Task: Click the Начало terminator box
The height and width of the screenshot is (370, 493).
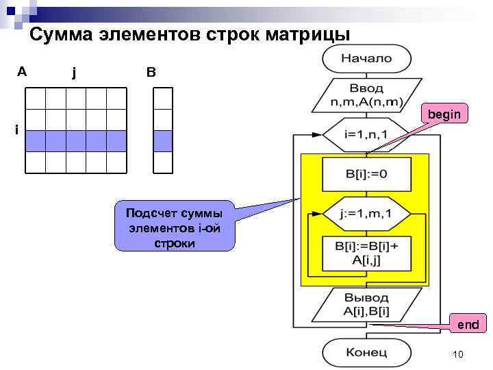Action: coord(366,58)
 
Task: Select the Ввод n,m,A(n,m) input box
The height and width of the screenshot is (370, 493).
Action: coord(366,95)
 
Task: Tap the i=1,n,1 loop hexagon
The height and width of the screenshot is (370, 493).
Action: coord(366,134)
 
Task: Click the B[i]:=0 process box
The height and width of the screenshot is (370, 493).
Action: coord(366,174)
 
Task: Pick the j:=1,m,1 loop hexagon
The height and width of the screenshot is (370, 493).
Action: coord(366,214)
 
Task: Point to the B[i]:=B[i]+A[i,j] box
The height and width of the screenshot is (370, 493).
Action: coord(366,251)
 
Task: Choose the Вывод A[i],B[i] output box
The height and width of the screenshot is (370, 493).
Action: coord(366,305)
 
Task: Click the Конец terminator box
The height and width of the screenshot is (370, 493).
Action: coord(366,352)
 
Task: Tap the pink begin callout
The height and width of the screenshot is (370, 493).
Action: coord(444,114)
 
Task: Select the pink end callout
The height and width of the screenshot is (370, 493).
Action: coord(468,324)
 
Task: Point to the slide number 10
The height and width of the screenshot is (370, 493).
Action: coord(458,354)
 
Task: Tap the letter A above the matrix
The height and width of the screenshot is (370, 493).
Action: coord(23,71)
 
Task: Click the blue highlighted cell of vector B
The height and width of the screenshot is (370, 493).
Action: coord(163,140)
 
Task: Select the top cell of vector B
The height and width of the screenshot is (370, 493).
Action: coord(163,99)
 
